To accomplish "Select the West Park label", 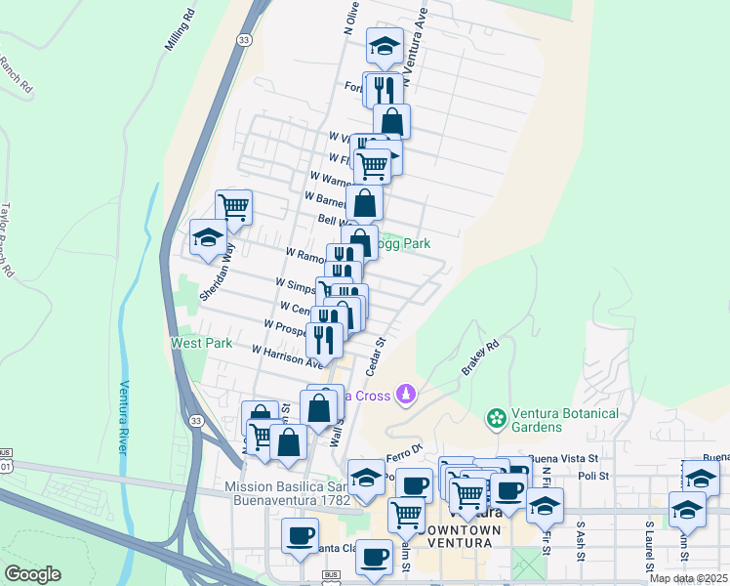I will click(x=202, y=343).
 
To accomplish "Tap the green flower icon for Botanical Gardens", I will click(x=497, y=418).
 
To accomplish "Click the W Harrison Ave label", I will click(x=287, y=356).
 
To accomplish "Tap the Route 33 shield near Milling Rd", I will click(x=244, y=39).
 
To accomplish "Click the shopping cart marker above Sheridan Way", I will click(x=233, y=207).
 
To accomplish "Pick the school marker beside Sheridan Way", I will click(x=208, y=237).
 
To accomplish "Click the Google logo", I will click(x=32, y=574).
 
